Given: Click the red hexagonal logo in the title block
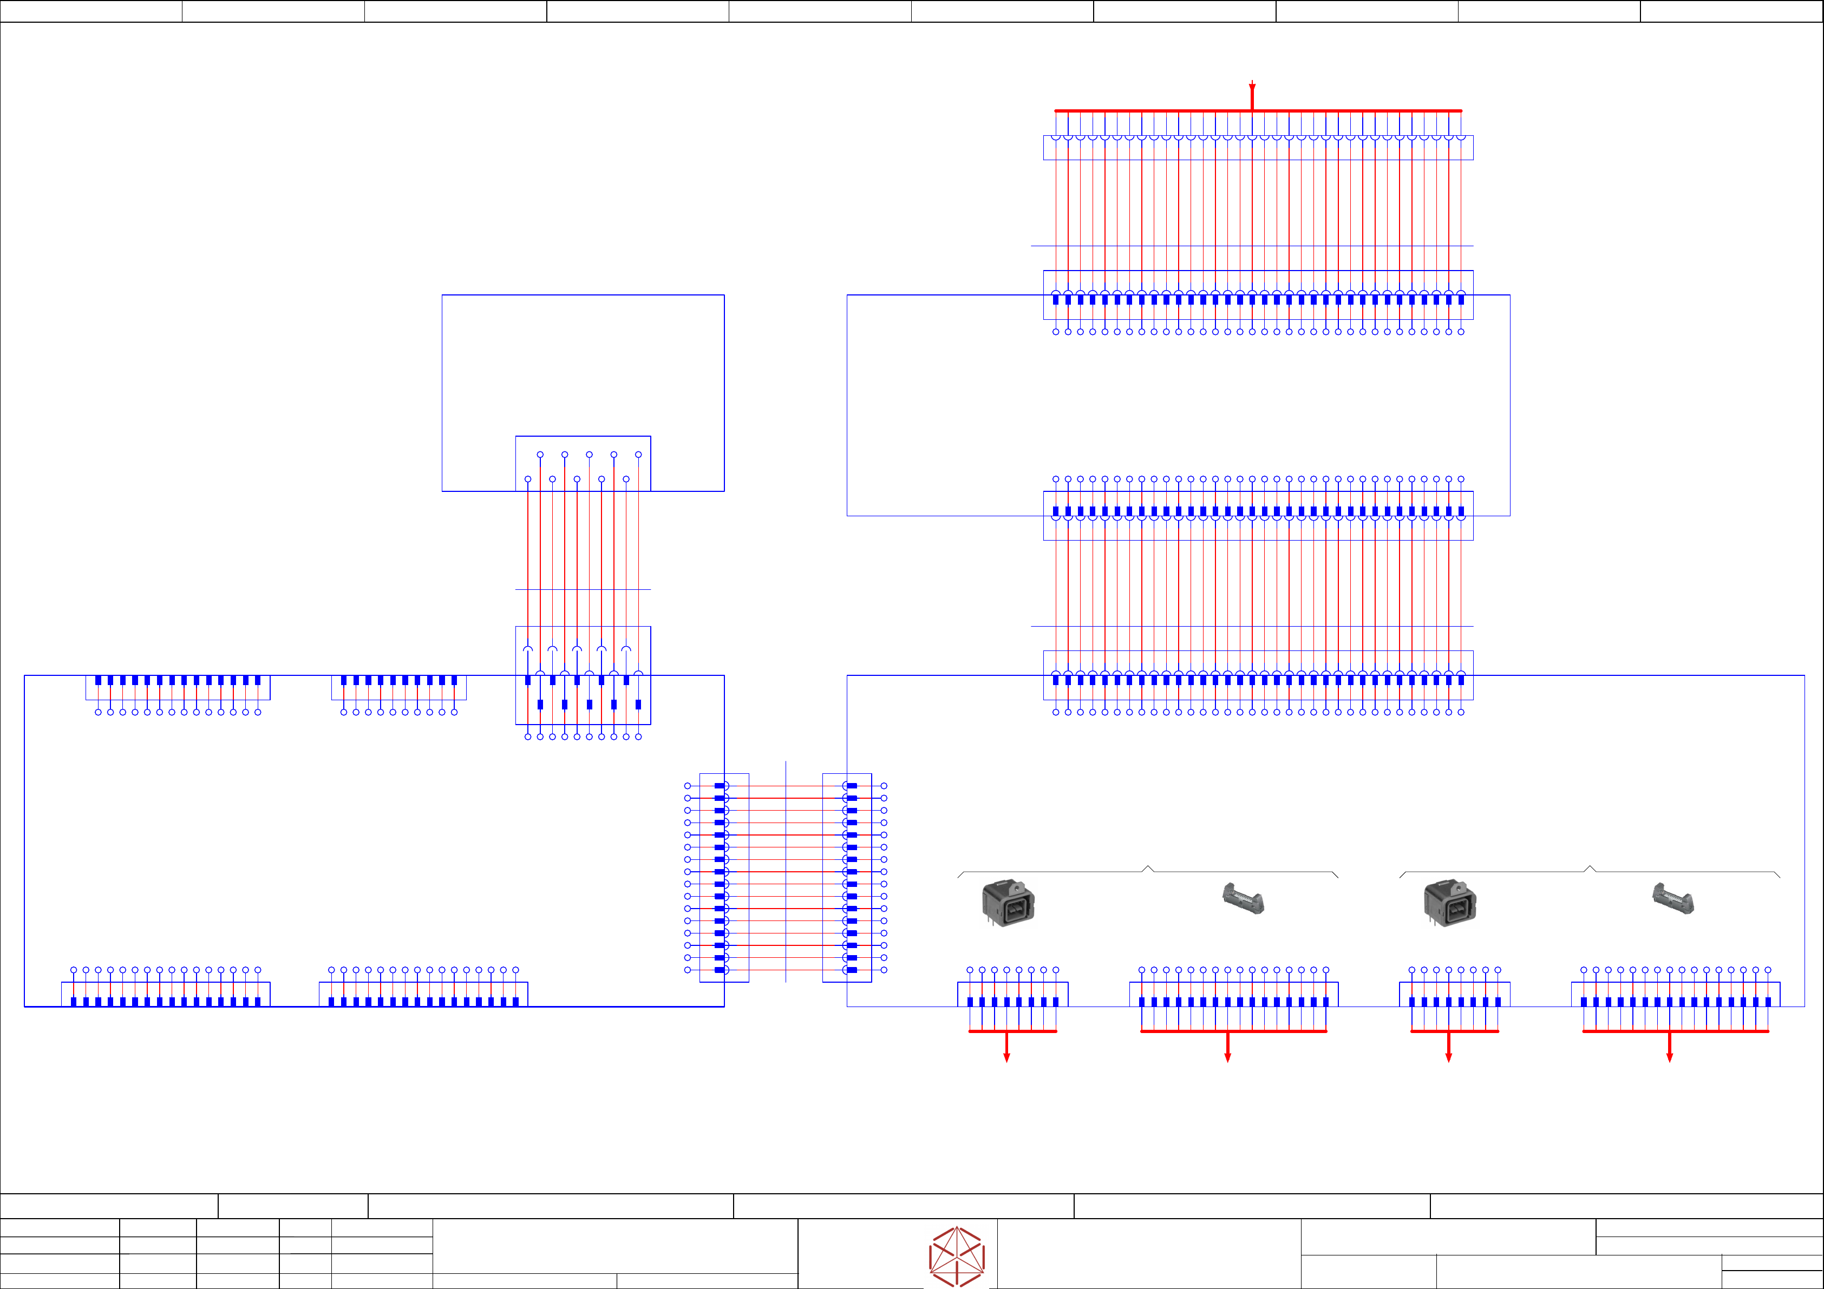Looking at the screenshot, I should coord(957,1257).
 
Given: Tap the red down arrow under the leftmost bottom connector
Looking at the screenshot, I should coord(1006,1056).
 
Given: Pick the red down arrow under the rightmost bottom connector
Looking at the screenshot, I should coord(1669,1056).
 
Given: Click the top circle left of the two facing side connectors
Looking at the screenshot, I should coord(687,786).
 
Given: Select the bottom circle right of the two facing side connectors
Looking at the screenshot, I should coord(884,970).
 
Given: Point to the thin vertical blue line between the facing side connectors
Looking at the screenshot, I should coord(786,873).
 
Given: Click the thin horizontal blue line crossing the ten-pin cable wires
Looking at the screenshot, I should coord(583,589).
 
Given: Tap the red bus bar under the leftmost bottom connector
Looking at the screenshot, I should coord(1012,1031).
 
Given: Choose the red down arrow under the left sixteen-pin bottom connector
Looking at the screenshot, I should coord(1227,1056).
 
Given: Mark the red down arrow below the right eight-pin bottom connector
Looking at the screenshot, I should coord(1448,1056).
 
